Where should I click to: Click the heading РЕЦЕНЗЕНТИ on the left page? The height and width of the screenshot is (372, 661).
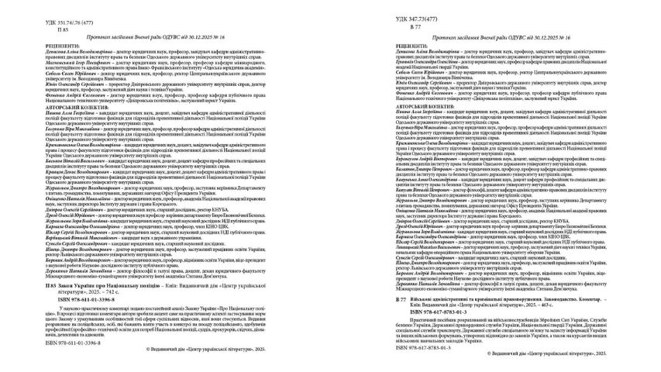point(37,46)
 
